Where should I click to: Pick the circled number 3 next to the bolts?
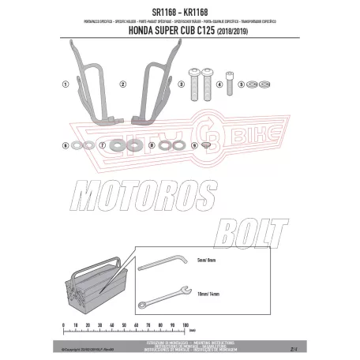tap(180, 83)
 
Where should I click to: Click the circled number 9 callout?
tap(195, 145)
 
